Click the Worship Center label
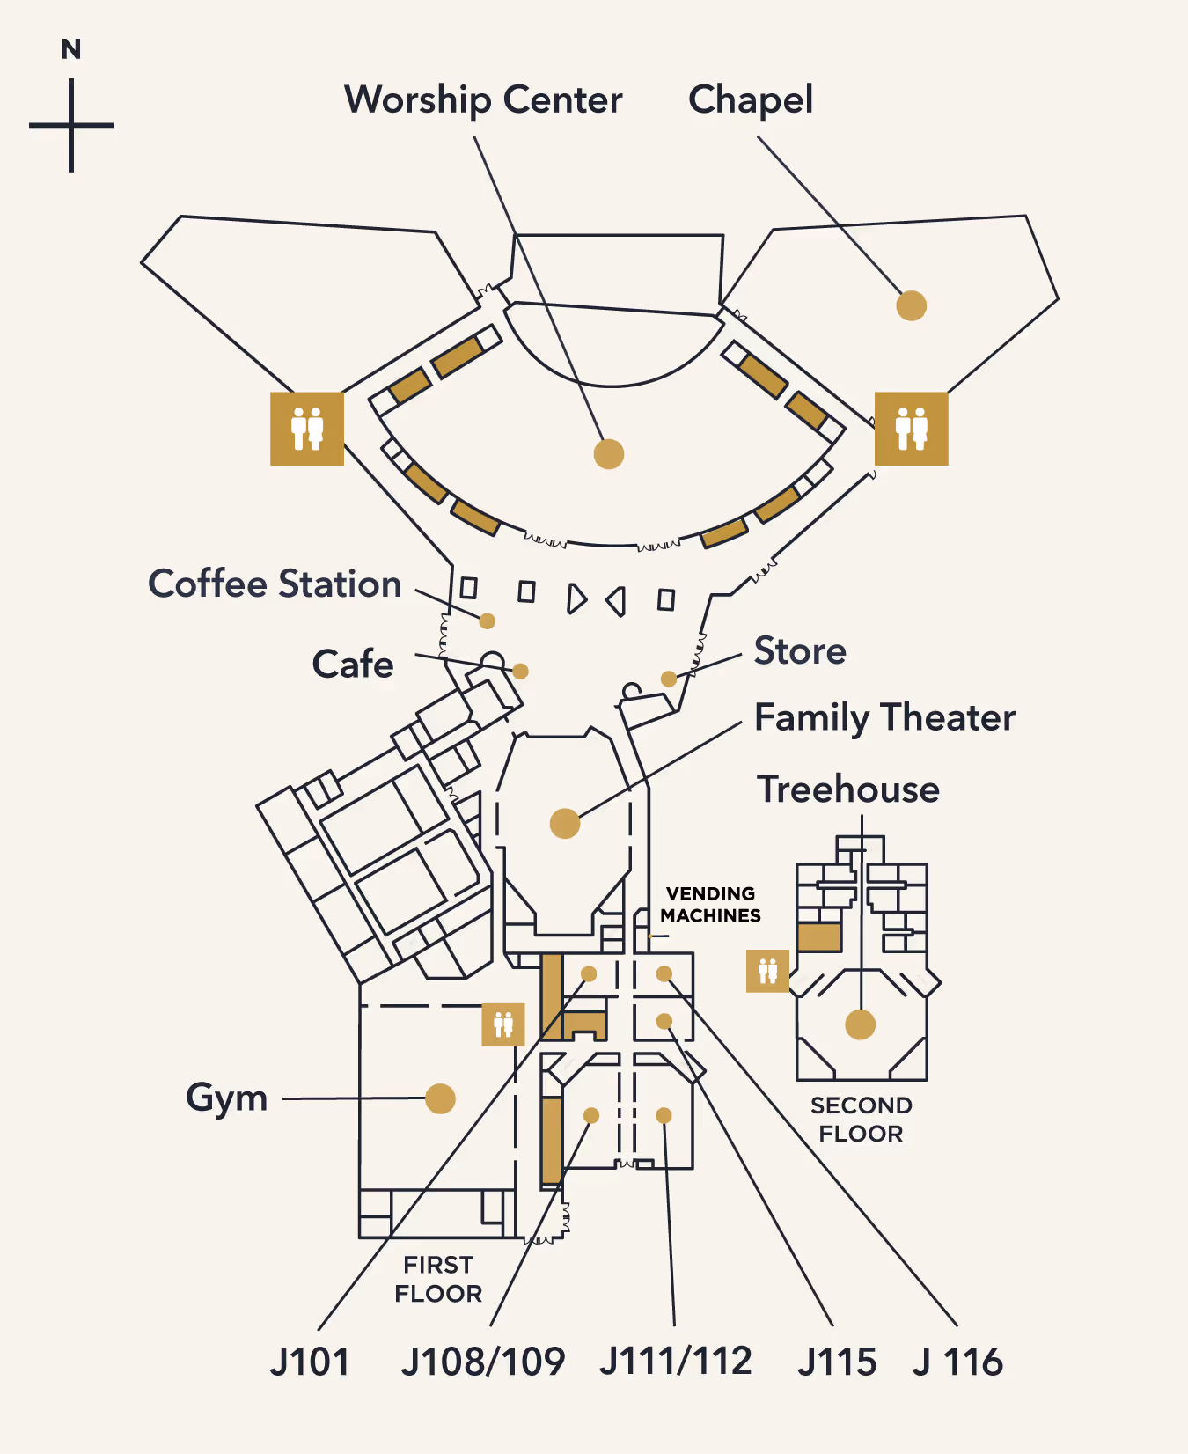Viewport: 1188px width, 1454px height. point(483,100)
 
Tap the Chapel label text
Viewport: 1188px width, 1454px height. point(751,100)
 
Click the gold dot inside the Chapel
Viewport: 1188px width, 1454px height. point(911,305)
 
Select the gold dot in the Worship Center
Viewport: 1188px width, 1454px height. point(609,454)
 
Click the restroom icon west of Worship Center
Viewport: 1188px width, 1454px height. point(306,429)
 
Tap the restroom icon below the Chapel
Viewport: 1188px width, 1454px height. point(911,429)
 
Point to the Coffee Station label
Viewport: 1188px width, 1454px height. point(275,584)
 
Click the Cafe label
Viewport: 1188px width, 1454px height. point(353,665)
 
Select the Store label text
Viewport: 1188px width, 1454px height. point(800,651)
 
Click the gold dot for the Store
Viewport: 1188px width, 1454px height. point(669,679)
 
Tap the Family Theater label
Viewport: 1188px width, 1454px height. point(884,718)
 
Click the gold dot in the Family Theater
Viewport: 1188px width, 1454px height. point(565,824)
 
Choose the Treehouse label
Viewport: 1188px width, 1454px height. point(848,789)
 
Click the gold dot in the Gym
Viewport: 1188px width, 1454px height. point(440,1098)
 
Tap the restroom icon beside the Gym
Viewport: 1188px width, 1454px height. point(503,1024)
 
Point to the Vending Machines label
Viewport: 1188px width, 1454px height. point(710,905)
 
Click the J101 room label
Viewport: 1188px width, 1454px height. point(310,1362)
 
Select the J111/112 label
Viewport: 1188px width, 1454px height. point(676,1362)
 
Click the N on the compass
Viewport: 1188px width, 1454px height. point(71,49)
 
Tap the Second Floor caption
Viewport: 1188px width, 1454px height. point(861,1120)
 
